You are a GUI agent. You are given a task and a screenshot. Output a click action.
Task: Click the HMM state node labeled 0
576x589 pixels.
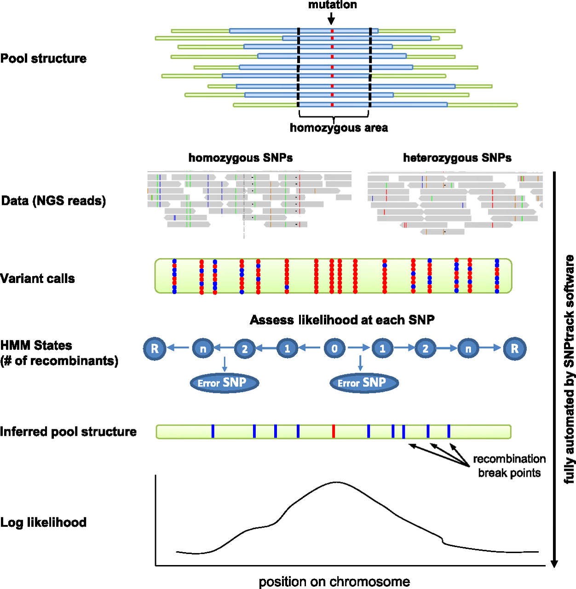[x=334, y=349]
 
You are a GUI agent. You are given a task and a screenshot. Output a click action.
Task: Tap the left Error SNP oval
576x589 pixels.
[x=225, y=383]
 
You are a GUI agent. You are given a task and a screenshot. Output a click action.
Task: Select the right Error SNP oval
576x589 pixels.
[x=364, y=383]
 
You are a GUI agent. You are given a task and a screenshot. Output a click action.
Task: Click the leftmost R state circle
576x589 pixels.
[x=155, y=348]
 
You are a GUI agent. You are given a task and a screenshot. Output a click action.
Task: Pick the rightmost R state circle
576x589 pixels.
[x=515, y=348]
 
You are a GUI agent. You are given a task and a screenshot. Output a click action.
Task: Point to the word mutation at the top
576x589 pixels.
[x=332, y=5]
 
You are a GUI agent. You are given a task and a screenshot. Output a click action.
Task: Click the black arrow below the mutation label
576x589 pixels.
[x=331, y=19]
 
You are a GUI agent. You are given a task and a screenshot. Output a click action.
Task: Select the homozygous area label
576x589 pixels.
[x=339, y=128]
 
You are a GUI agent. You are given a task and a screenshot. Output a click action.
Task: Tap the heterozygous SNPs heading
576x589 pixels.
[x=457, y=158]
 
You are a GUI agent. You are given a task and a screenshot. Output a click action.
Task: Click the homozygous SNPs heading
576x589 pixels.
[x=241, y=158]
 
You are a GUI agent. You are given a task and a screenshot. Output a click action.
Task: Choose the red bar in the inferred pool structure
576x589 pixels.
[x=333, y=431]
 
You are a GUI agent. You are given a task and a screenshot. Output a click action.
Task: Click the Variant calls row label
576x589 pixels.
[x=38, y=278]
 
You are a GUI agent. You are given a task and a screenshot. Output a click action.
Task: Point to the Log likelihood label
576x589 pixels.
[x=43, y=522]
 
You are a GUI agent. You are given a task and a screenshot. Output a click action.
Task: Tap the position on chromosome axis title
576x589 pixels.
[x=334, y=582]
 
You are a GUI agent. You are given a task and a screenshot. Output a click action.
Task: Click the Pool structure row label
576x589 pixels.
[x=43, y=58]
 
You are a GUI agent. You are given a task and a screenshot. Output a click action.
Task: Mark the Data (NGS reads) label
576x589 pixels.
[x=53, y=201]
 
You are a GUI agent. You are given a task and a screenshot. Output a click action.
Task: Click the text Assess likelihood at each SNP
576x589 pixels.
[x=342, y=320]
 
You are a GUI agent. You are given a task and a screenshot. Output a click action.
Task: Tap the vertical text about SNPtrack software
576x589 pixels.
[x=570, y=369]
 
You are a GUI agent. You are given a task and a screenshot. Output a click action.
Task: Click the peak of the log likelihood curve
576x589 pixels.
[x=335, y=482]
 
